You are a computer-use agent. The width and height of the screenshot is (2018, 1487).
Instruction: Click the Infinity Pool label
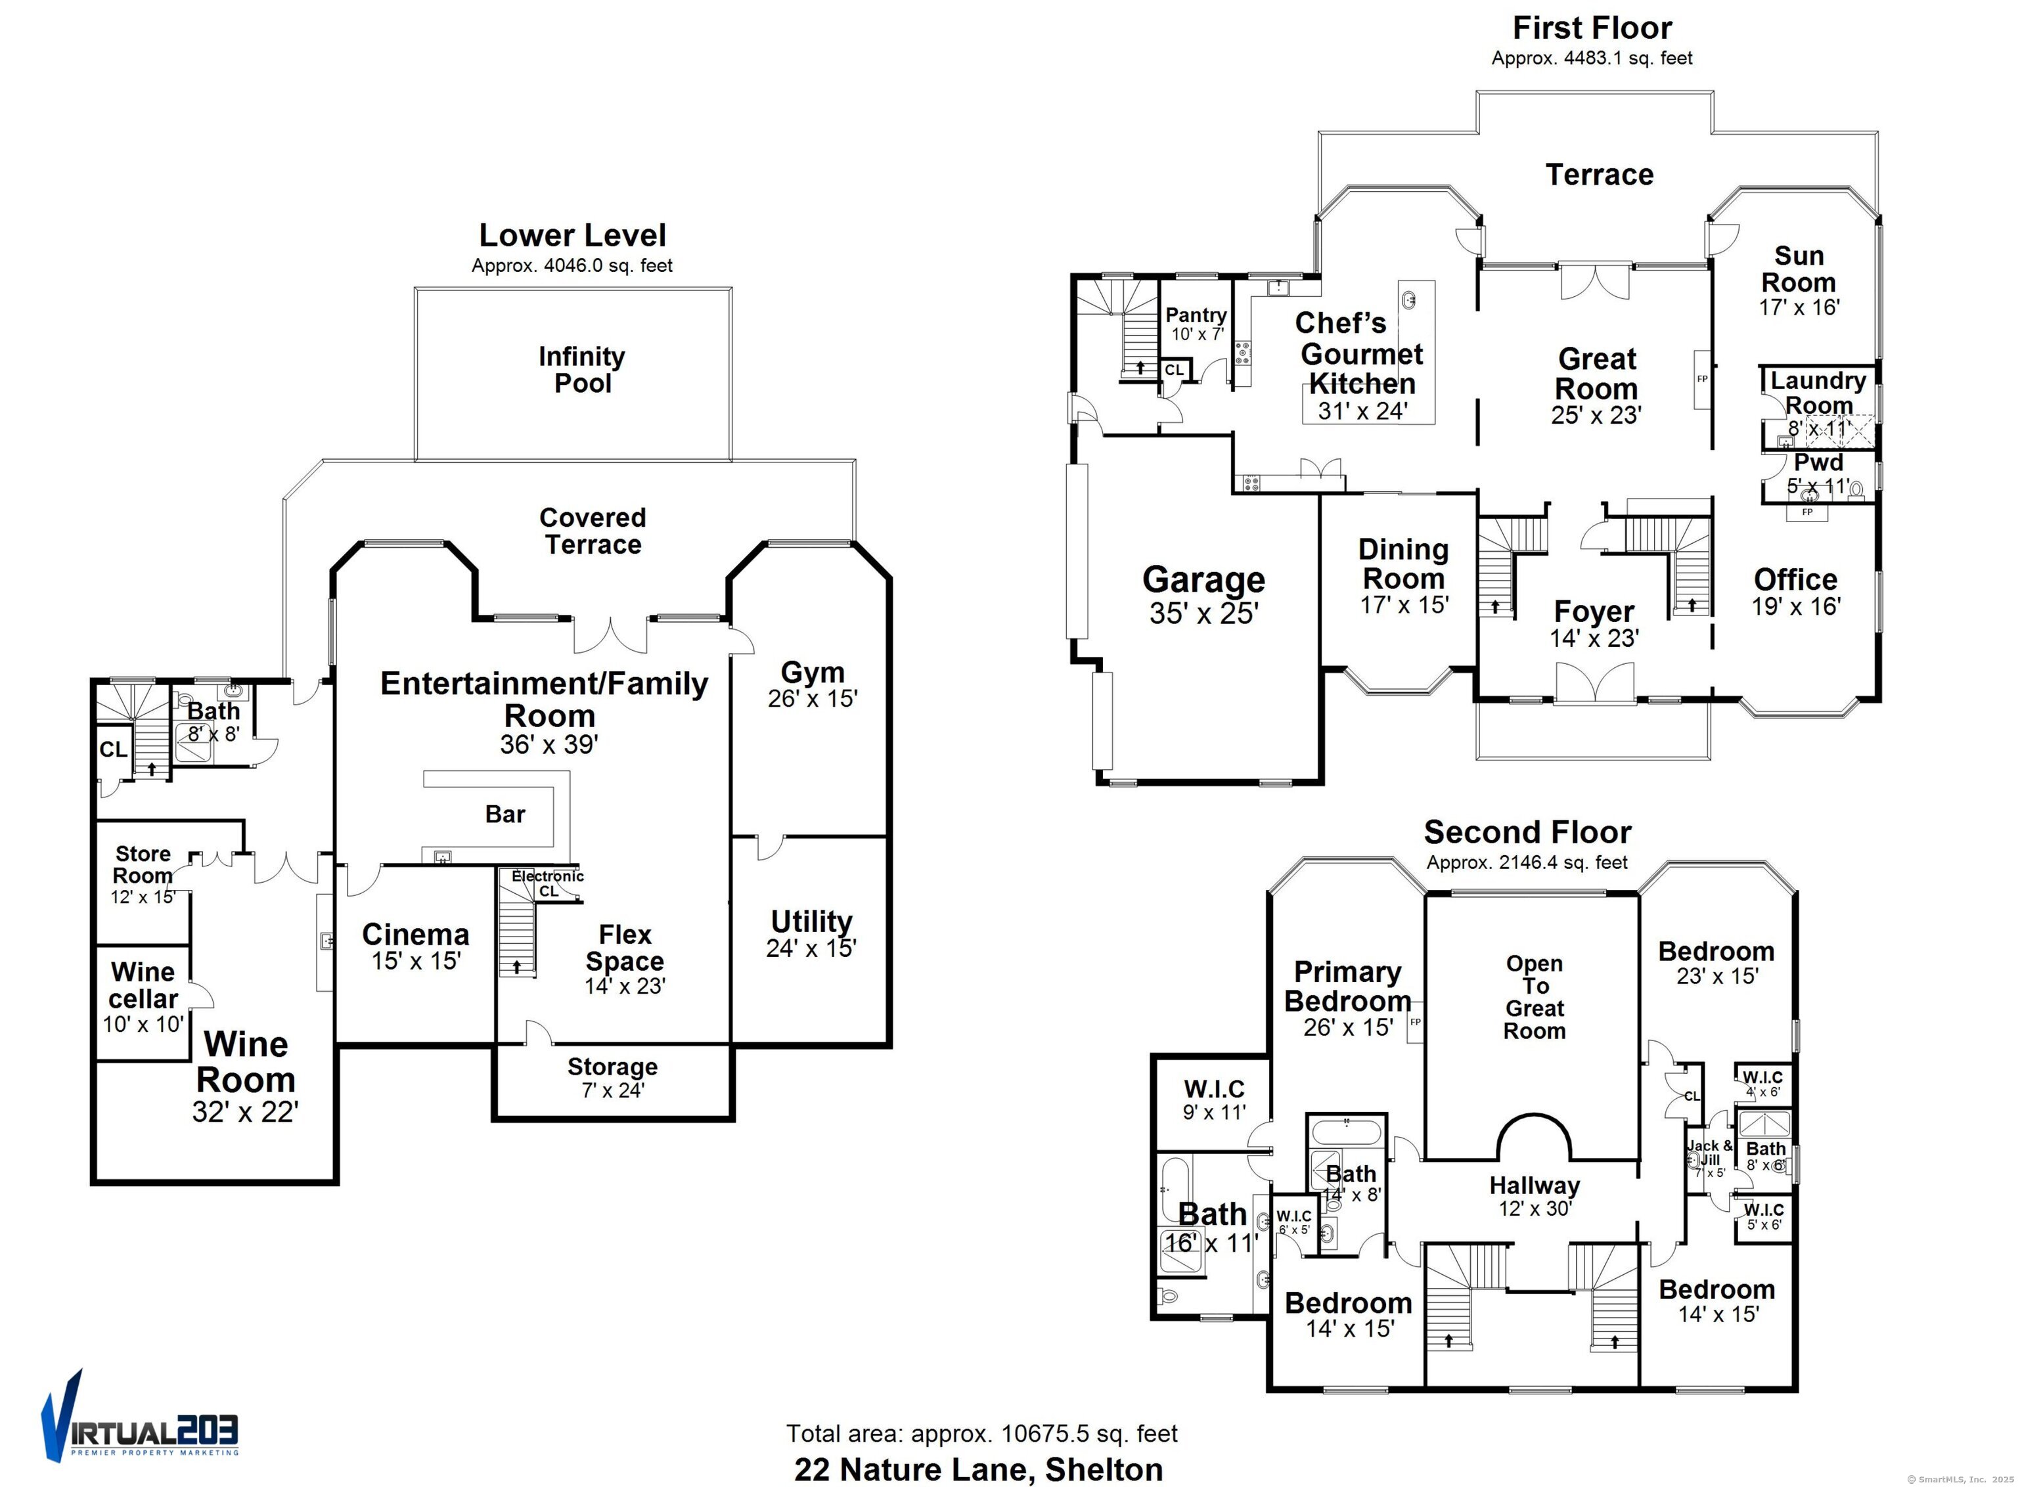tap(581, 370)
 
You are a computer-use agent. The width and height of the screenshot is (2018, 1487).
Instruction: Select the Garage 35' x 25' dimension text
tap(1203, 613)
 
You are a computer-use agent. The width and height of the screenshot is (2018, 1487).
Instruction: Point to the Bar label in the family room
tap(505, 814)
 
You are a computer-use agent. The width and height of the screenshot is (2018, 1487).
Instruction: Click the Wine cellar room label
tap(143, 986)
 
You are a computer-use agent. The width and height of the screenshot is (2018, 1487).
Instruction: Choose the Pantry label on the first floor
tap(1196, 315)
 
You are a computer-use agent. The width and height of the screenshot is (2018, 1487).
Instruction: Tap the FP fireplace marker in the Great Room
tap(1702, 379)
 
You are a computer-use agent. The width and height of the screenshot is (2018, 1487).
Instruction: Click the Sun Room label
tap(1799, 269)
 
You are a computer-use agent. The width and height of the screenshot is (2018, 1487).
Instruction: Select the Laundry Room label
tap(1818, 393)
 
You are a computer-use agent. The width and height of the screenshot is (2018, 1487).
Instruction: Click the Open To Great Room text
tap(1535, 997)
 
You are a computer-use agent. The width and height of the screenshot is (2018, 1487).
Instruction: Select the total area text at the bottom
tap(981, 1433)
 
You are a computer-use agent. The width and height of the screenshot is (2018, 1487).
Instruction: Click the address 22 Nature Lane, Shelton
tap(978, 1469)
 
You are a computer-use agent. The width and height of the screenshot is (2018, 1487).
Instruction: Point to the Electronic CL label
tap(547, 883)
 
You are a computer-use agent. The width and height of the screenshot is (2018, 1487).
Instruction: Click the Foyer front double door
tap(1594, 682)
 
